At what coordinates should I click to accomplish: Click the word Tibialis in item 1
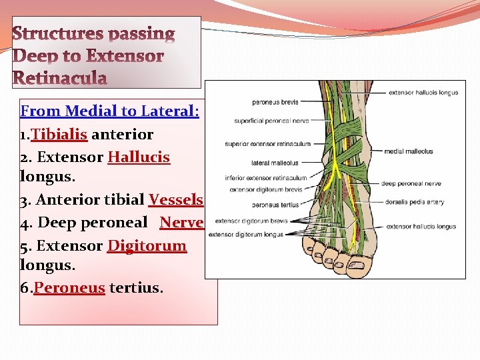coord(59,134)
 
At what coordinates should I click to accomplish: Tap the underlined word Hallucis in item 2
coord(139,157)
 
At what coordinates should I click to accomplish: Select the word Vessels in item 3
coord(176,200)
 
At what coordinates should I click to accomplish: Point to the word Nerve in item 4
coord(181,222)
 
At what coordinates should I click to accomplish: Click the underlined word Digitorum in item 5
coord(147,245)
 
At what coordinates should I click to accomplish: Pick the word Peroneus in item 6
coord(69,288)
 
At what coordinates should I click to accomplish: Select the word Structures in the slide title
coord(59,33)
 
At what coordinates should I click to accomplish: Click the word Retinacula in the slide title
coord(60,79)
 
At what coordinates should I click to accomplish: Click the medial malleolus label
coord(408,151)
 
